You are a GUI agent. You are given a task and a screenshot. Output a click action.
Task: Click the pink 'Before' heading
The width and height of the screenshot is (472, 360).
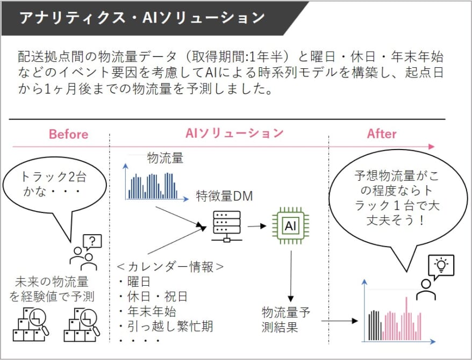pyautogui.click(x=69, y=135)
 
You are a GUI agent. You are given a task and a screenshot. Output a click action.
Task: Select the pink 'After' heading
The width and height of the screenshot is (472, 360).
pyautogui.click(x=382, y=134)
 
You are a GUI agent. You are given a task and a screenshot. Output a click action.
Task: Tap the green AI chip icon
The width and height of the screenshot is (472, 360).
pyautogui.click(x=290, y=225)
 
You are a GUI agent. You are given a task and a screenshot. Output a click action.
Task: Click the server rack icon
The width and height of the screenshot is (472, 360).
pyautogui.click(x=227, y=226)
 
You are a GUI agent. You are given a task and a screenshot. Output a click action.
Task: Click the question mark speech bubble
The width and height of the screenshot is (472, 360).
pyautogui.click(x=92, y=242)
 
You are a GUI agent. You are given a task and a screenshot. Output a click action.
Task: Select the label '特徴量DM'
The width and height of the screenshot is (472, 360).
pyautogui.click(x=224, y=196)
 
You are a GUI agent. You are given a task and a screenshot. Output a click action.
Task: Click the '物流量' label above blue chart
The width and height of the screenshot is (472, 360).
pyautogui.click(x=165, y=158)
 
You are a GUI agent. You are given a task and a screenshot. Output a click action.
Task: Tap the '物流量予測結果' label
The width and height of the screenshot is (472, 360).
pyautogui.click(x=285, y=320)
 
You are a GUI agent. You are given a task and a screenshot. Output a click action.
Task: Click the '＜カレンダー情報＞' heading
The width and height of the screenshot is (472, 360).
pyautogui.click(x=170, y=266)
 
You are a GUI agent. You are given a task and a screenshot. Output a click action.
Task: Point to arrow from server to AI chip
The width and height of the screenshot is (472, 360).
pyautogui.click(x=257, y=226)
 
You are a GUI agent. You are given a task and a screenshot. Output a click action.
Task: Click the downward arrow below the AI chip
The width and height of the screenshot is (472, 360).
pyautogui.click(x=291, y=276)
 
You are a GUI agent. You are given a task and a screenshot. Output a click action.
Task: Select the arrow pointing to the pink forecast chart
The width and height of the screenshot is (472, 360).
pyautogui.click(x=340, y=321)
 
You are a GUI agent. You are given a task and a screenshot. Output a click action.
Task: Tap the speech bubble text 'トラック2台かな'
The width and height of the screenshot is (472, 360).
pyautogui.click(x=53, y=183)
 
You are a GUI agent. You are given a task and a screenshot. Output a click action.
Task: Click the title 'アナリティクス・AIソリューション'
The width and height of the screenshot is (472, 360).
pyautogui.click(x=141, y=18)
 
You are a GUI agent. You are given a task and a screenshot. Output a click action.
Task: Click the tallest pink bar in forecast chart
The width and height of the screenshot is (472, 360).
pyautogui.click(x=406, y=319)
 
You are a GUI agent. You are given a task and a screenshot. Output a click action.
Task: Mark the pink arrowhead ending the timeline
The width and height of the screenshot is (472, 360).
pyautogui.click(x=432, y=147)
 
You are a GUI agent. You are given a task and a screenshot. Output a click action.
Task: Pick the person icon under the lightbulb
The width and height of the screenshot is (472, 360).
pyautogui.click(x=426, y=290)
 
